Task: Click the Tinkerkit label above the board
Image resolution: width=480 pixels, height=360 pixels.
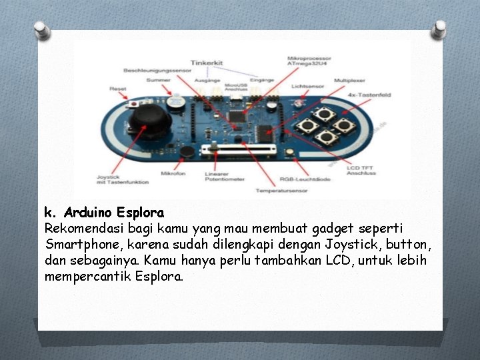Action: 207,63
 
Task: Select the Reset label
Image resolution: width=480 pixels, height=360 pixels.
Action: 118,89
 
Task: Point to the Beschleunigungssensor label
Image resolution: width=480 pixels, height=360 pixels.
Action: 152,70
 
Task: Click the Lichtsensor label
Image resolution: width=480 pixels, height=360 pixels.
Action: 307,86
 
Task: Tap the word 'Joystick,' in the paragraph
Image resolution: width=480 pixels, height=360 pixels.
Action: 355,243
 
